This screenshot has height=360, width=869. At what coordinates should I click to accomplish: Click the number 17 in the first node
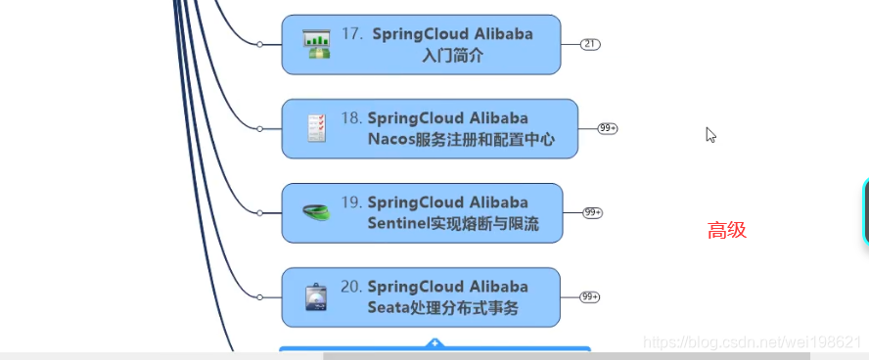click(352, 34)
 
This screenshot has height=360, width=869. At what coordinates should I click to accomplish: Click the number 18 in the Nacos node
click(351, 118)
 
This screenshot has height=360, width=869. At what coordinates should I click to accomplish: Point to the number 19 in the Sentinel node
click(351, 202)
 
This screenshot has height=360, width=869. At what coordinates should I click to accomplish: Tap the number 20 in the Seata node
click(351, 287)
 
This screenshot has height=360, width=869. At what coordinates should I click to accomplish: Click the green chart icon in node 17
click(316, 44)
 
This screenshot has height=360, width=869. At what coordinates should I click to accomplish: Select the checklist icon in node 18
click(316, 128)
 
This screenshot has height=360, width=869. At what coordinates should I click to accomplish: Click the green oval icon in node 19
click(316, 212)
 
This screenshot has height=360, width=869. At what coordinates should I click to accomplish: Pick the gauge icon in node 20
click(316, 296)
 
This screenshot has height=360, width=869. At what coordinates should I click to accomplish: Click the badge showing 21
click(590, 44)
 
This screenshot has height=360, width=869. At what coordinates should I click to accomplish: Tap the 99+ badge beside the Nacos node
click(608, 128)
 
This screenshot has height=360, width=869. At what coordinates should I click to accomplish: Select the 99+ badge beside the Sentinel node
click(592, 212)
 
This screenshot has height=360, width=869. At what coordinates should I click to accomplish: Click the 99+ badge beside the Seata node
click(590, 296)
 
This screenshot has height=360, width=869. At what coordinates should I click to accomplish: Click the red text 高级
click(727, 231)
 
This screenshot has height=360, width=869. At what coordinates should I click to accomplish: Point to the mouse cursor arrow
click(710, 134)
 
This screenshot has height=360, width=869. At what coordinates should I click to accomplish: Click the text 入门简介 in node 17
click(452, 56)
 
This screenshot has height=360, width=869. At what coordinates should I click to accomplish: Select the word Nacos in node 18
click(390, 140)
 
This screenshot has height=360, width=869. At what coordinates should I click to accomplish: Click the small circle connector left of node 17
click(259, 44)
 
